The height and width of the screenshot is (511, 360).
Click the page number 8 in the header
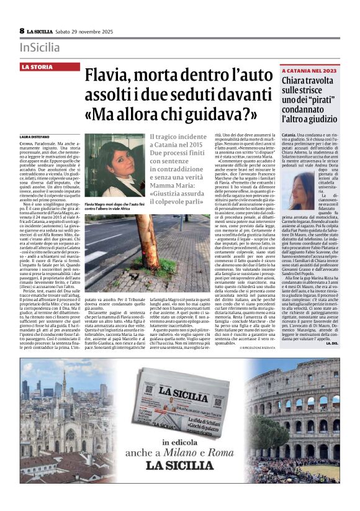[x=22, y=31]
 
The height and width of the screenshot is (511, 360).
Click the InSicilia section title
[x=40, y=47]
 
